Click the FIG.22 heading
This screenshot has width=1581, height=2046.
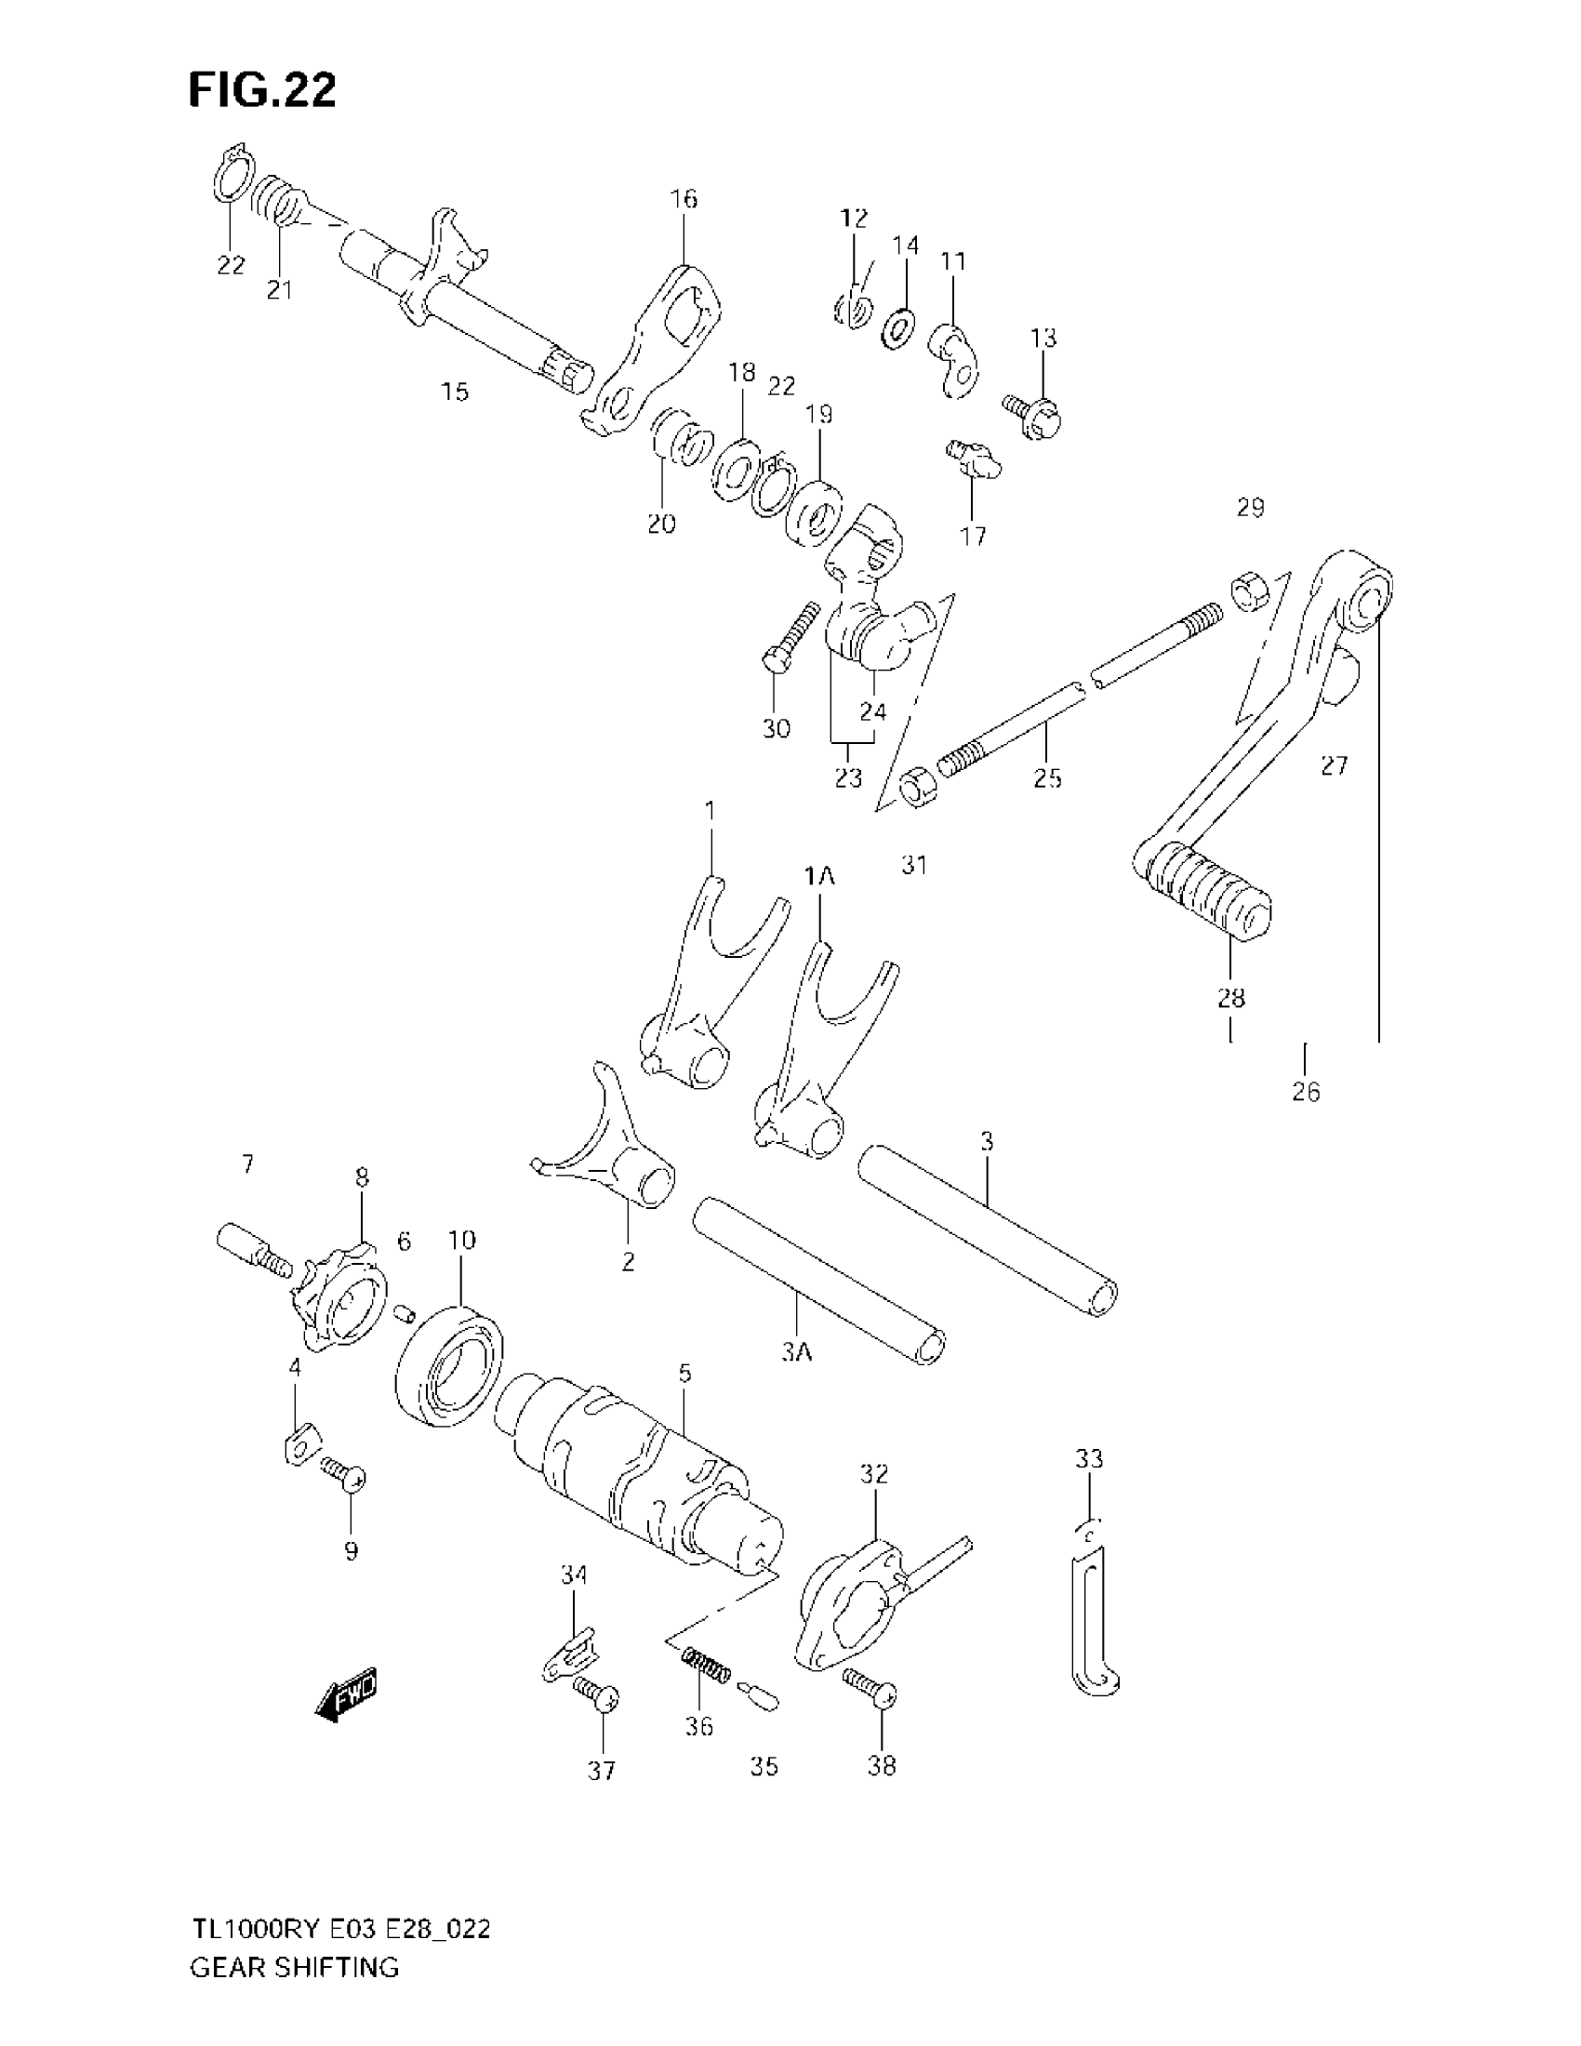tap(262, 91)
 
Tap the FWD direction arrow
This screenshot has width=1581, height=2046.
tap(347, 1692)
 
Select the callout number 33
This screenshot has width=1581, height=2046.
tap(1088, 1458)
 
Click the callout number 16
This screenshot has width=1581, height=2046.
tap(684, 199)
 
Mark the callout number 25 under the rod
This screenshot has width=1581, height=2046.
tap(1047, 777)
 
